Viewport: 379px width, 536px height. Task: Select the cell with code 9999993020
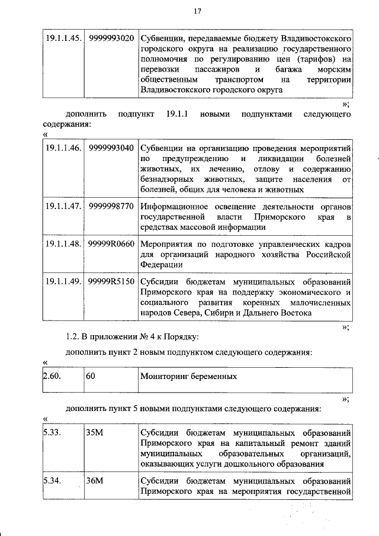point(111,37)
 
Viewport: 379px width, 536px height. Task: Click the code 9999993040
point(111,147)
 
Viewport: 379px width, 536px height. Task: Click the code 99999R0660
point(111,245)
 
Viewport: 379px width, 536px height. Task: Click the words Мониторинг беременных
point(189,375)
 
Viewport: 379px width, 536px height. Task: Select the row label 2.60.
point(53,375)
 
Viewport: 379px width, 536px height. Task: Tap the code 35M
point(95,433)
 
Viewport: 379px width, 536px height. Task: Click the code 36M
point(95,480)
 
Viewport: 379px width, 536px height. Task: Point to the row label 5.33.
point(53,433)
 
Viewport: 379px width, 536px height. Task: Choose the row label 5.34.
point(53,480)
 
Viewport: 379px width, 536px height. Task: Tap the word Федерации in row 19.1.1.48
point(161,265)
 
